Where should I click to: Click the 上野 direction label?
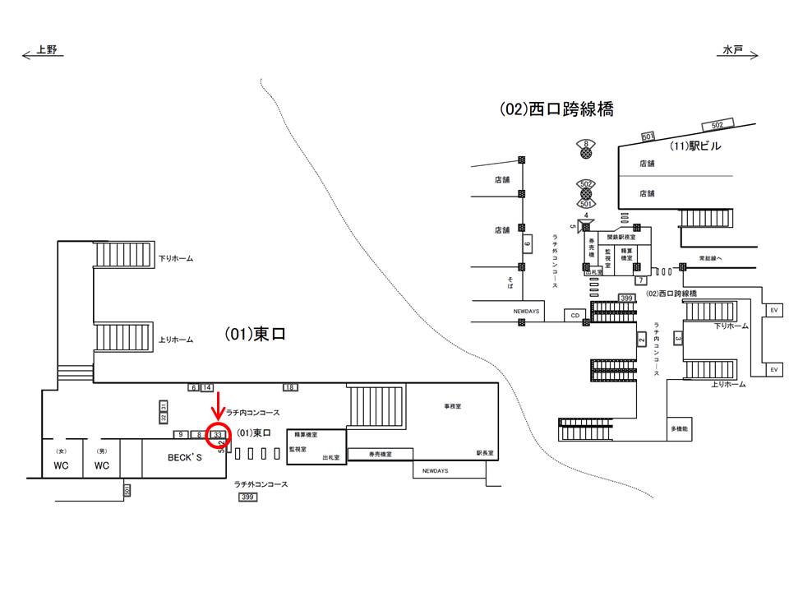(x=46, y=51)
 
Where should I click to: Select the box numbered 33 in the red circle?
(x=219, y=434)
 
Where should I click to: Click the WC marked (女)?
(x=61, y=465)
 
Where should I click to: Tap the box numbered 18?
(x=290, y=387)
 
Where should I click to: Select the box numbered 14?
(x=207, y=387)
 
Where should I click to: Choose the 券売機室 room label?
(x=380, y=454)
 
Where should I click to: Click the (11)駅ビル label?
(x=695, y=146)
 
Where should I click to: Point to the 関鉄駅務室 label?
(x=623, y=236)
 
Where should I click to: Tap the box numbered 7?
(x=639, y=280)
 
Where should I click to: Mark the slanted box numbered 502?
(x=717, y=125)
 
